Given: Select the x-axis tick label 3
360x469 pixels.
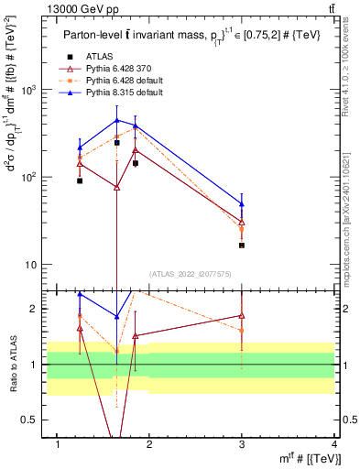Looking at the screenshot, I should coord(242,444).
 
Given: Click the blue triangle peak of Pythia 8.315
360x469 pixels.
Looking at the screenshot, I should coord(116,120).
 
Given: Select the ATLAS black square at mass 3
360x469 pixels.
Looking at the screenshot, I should coord(242,245).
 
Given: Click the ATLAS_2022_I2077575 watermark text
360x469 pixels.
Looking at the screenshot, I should coord(190,273).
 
